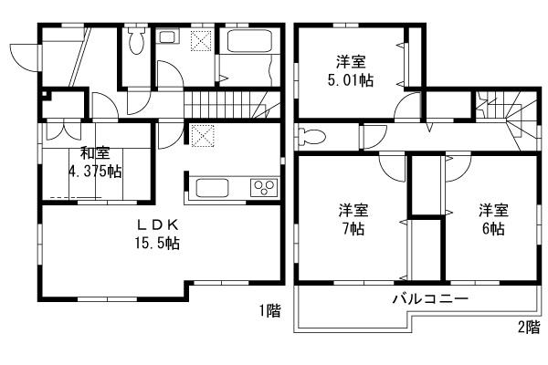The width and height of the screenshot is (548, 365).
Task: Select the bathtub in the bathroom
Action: [242, 42]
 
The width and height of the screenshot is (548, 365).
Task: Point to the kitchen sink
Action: [216, 190]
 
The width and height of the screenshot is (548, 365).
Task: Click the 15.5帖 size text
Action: [159, 244]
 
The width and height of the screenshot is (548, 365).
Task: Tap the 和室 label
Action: [94, 153]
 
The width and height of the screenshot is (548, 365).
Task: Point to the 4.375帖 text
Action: [94, 172]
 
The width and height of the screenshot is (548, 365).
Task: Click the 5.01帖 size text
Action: [351, 80]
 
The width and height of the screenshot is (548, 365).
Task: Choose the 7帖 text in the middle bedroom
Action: [352, 228]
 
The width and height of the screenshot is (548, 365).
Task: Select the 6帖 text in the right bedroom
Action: [492, 228]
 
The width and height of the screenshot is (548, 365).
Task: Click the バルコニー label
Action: [430, 299]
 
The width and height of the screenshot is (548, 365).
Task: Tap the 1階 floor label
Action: [269, 311]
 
